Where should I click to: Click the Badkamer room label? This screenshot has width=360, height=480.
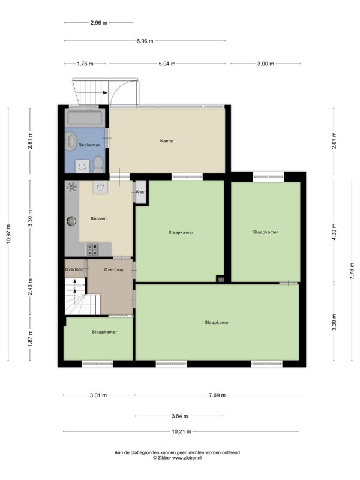point(89,145)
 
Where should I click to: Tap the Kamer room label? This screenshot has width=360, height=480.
point(167,141)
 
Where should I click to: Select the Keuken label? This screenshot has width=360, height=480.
point(98,218)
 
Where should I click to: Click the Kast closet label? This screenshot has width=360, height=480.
point(141,192)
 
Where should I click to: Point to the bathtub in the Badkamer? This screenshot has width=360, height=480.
point(85,118)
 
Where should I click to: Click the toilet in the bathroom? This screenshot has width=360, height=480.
point(98,164)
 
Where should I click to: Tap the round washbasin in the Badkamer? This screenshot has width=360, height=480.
point(71,141)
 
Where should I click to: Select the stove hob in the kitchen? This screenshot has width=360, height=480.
point(92,249)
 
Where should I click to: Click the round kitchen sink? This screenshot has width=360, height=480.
point(71,221)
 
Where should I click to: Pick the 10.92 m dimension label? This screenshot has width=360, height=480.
point(8,234)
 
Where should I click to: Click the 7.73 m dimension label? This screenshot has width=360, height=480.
point(352,271)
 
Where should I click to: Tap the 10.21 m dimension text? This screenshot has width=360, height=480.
point(181,431)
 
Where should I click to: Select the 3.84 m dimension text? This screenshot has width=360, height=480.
point(179,416)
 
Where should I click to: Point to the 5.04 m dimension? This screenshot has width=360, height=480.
point(167,64)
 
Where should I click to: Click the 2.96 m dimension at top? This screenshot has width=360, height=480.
point(99,22)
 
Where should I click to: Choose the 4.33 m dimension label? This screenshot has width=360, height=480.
point(334,232)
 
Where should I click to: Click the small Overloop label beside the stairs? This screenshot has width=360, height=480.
point(74,269)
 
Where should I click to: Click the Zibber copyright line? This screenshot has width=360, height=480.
point(177,458)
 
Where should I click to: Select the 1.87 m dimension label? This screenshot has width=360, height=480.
point(30,339)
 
